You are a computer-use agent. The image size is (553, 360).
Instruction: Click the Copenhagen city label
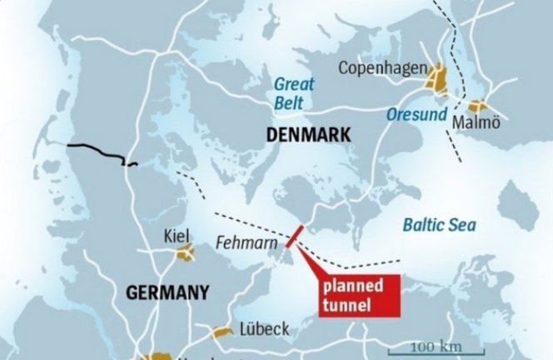383,67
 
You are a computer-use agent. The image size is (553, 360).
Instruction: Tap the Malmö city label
476,123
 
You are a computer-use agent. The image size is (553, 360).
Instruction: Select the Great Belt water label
292,93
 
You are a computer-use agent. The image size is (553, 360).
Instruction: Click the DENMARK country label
309,135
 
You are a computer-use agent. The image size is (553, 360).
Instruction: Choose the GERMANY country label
166,292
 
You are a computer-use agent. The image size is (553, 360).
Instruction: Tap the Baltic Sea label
439,224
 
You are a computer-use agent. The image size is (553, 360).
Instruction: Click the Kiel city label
177,235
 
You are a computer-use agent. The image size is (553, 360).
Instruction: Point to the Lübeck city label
264,329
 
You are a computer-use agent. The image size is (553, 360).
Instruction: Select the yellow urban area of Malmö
477,107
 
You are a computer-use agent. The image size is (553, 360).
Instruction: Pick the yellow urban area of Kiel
184,252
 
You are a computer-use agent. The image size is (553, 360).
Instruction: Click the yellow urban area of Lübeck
222,332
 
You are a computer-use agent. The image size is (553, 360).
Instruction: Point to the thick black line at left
96,153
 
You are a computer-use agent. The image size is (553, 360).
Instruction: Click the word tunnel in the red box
348,305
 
